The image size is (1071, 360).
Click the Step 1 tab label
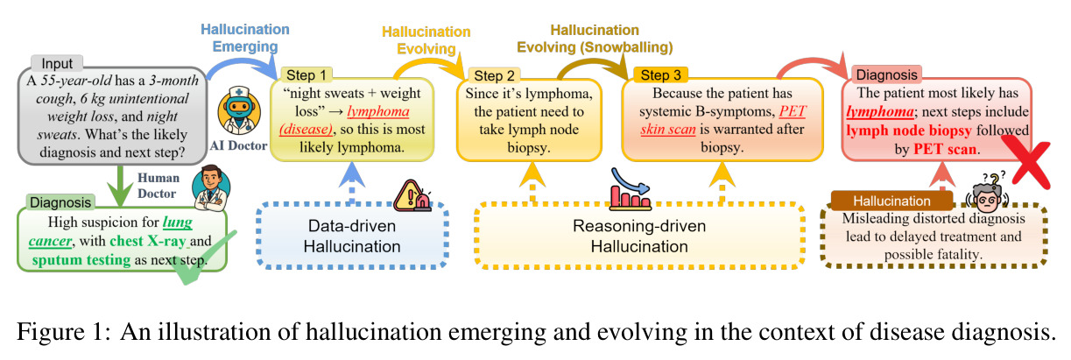coord(306,75)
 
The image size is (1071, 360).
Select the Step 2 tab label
coord(494,75)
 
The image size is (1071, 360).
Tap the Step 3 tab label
coord(660,75)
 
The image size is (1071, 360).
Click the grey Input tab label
coord(57,63)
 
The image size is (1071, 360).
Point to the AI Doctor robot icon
coord(239,111)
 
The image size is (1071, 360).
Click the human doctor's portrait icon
coord(211,188)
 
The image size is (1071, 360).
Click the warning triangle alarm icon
coord(412,195)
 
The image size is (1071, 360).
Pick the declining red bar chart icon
coord(631,190)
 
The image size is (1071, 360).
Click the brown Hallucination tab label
coord(891,201)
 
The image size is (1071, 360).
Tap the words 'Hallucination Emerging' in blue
coord(245,38)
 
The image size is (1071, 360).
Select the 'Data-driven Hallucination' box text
coord(352,236)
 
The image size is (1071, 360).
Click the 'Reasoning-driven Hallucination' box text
coord(639,236)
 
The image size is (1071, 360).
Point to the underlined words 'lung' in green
coord(178,222)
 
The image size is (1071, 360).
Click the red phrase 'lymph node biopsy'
coord(909,130)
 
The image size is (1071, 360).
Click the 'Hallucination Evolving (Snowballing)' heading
coord(595,39)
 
